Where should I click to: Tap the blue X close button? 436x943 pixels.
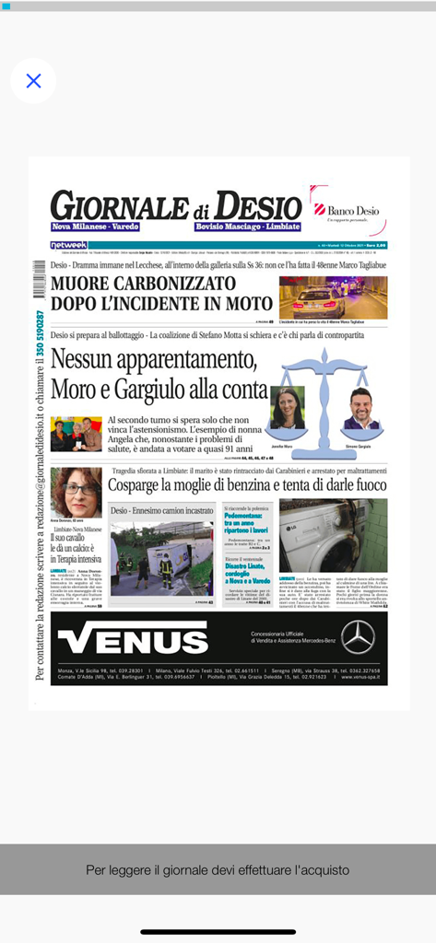point(33,81)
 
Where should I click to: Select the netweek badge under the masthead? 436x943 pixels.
point(68,246)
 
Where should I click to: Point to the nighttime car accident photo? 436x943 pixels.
point(333,297)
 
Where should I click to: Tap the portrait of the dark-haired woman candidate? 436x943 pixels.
point(287,408)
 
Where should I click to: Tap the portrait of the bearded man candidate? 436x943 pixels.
point(360,408)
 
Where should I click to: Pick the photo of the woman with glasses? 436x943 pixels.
point(76,493)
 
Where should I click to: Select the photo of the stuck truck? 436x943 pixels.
point(161,558)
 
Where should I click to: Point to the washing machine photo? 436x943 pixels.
point(333,535)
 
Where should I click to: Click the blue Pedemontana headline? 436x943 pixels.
point(246,520)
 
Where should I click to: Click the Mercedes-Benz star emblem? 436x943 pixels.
point(358,636)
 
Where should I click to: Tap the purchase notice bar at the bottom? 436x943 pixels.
point(218,869)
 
